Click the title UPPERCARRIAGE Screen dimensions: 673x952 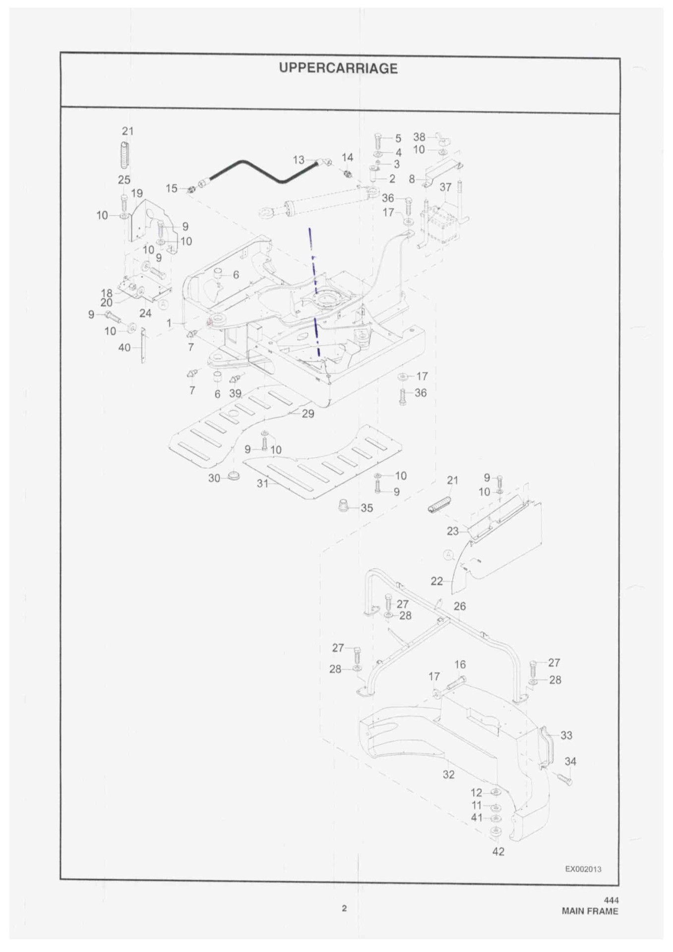click(338, 68)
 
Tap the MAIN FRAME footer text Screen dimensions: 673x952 click(590, 911)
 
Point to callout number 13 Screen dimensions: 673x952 click(299, 160)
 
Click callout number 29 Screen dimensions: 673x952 click(308, 414)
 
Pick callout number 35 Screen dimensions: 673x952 click(367, 508)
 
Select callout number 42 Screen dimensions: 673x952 click(498, 851)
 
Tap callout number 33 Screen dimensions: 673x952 click(566, 735)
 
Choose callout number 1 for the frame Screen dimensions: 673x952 click(169, 323)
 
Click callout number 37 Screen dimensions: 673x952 click(445, 187)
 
